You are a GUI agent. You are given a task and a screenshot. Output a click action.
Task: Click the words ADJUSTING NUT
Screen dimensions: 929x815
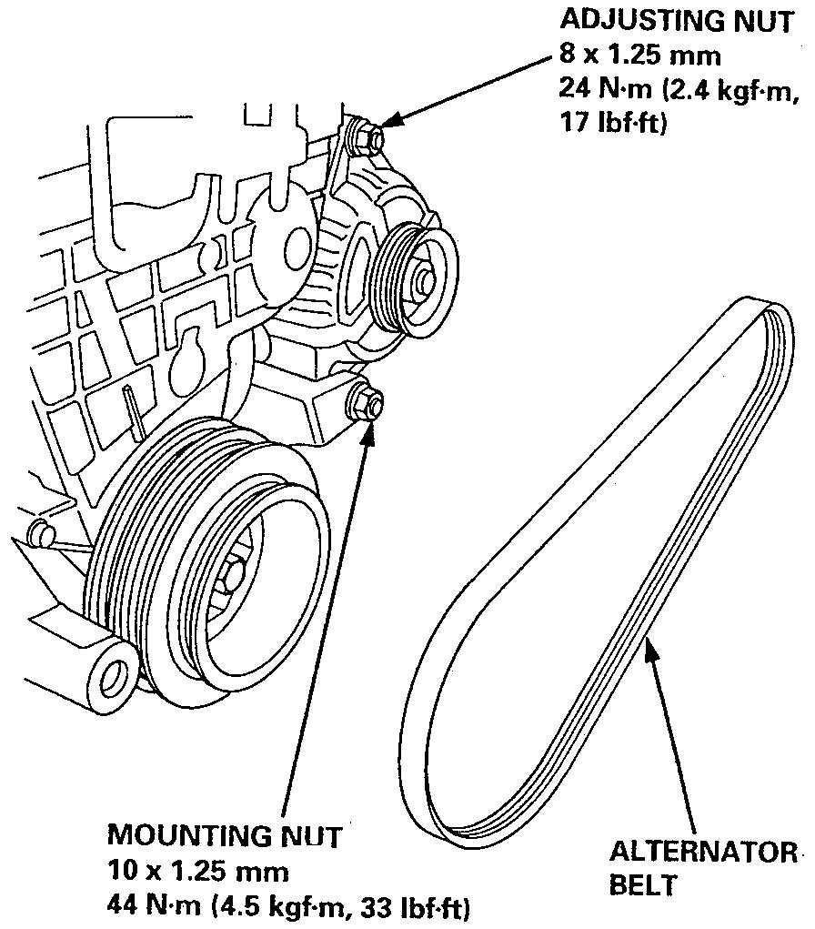click(x=676, y=23)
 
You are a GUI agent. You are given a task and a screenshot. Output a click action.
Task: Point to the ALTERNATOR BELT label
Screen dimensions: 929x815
click(x=700, y=867)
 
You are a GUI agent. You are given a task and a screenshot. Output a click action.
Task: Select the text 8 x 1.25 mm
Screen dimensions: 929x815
click(x=640, y=56)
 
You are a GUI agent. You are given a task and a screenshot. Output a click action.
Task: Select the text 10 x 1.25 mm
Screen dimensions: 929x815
click(x=197, y=871)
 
